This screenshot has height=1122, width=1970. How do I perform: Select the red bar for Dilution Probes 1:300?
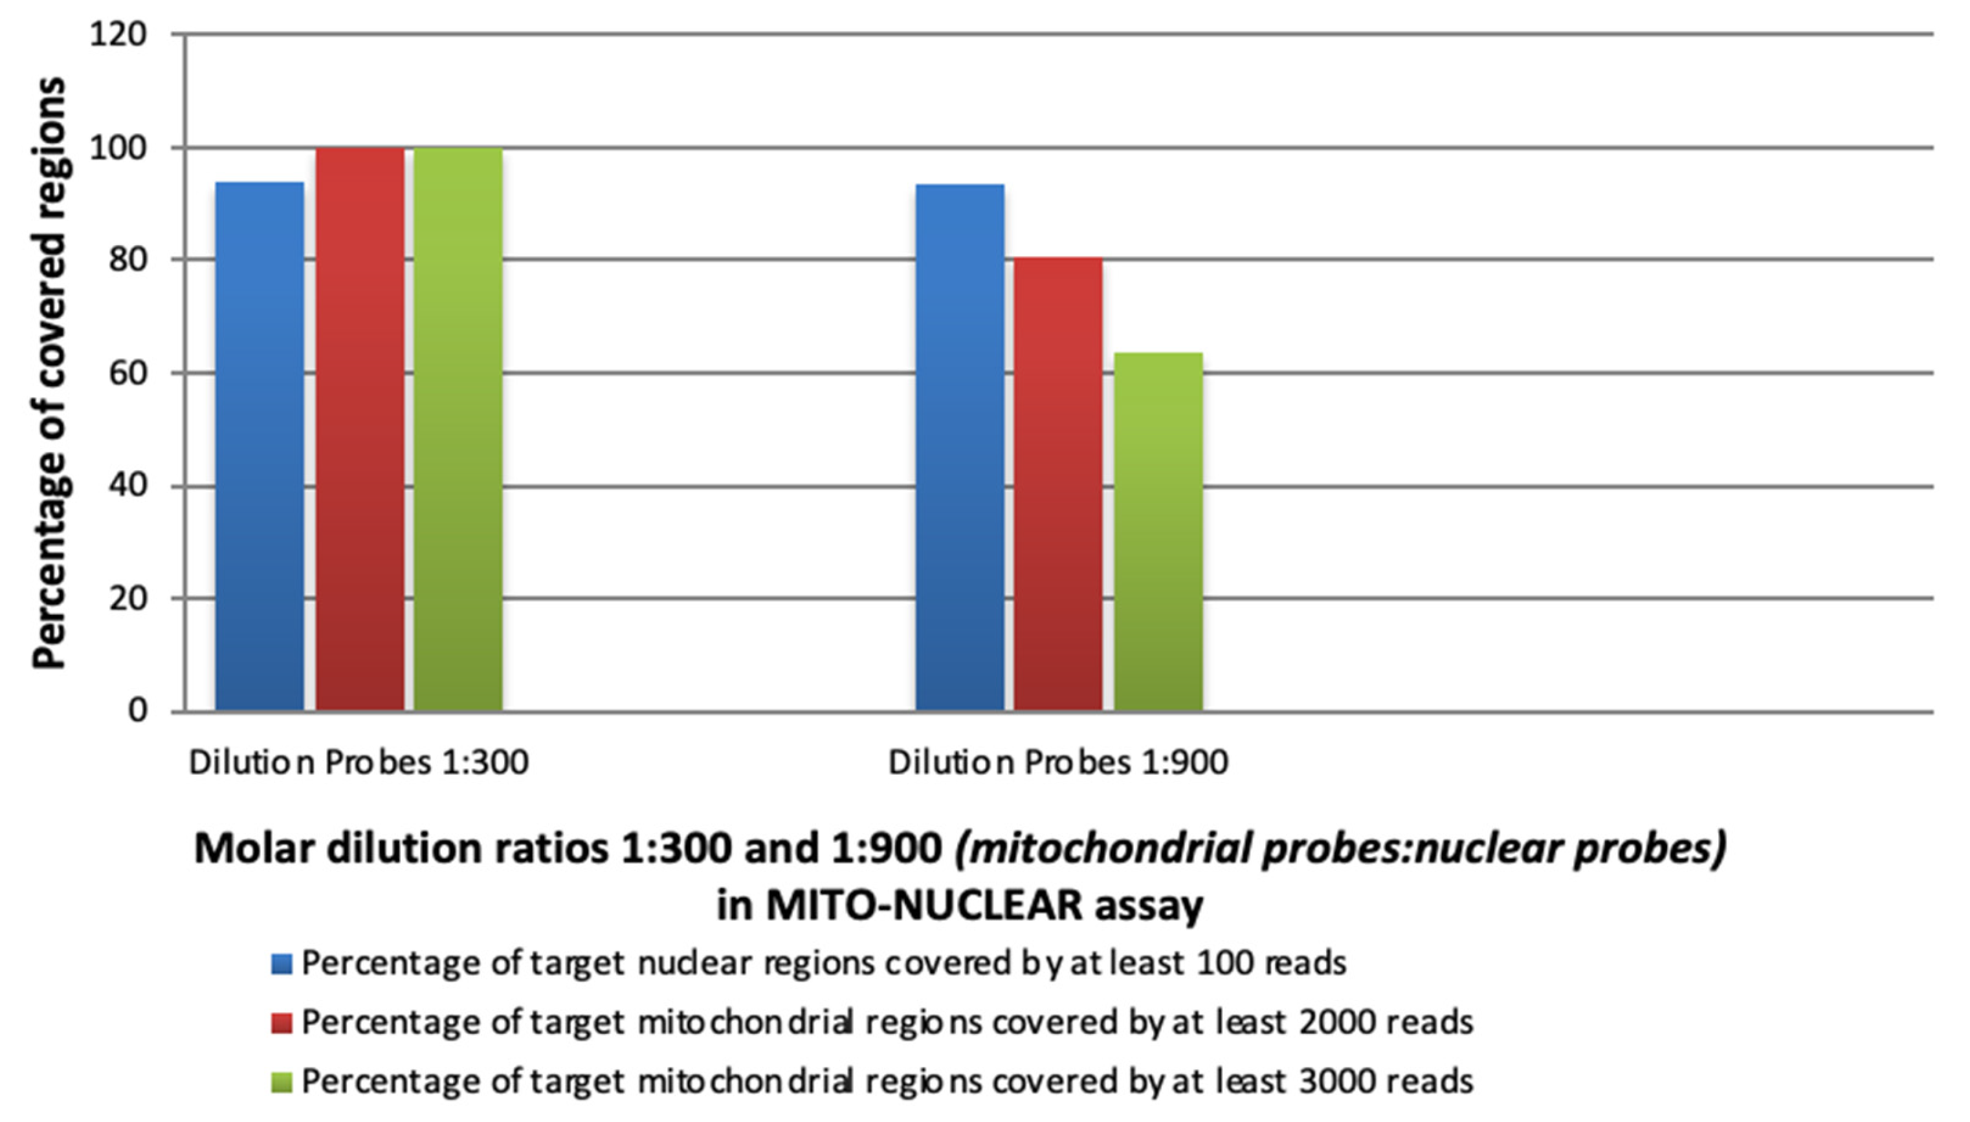[x=359, y=429]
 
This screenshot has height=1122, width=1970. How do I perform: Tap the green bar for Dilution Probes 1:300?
[x=458, y=429]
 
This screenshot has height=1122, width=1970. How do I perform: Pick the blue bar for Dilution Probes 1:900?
[x=959, y=447]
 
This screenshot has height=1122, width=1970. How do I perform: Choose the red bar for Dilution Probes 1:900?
[x=1058, y=484]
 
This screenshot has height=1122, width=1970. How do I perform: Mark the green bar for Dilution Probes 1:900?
[x=1157, y=532]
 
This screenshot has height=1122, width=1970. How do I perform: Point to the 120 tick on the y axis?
[x=118, y=35]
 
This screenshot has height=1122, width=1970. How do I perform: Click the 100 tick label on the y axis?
[x=118, y=148]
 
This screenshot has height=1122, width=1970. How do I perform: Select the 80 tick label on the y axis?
[x=127, y=261]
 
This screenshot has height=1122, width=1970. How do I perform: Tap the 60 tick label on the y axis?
[x=127, y=374]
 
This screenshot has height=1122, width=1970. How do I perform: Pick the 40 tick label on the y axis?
[x=127, y=486]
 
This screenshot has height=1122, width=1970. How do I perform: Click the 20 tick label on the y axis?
[x=127, y=599]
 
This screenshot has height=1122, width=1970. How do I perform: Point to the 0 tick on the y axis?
[x=137, y=711]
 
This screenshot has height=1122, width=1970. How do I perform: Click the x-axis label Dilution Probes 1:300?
[x=359, y=763]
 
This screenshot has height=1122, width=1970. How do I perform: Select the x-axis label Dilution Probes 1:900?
[x=1058, y=763]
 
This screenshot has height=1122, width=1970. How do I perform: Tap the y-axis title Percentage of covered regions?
[x=49, y=373]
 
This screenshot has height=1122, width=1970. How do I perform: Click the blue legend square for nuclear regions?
[x=282, y=964]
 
